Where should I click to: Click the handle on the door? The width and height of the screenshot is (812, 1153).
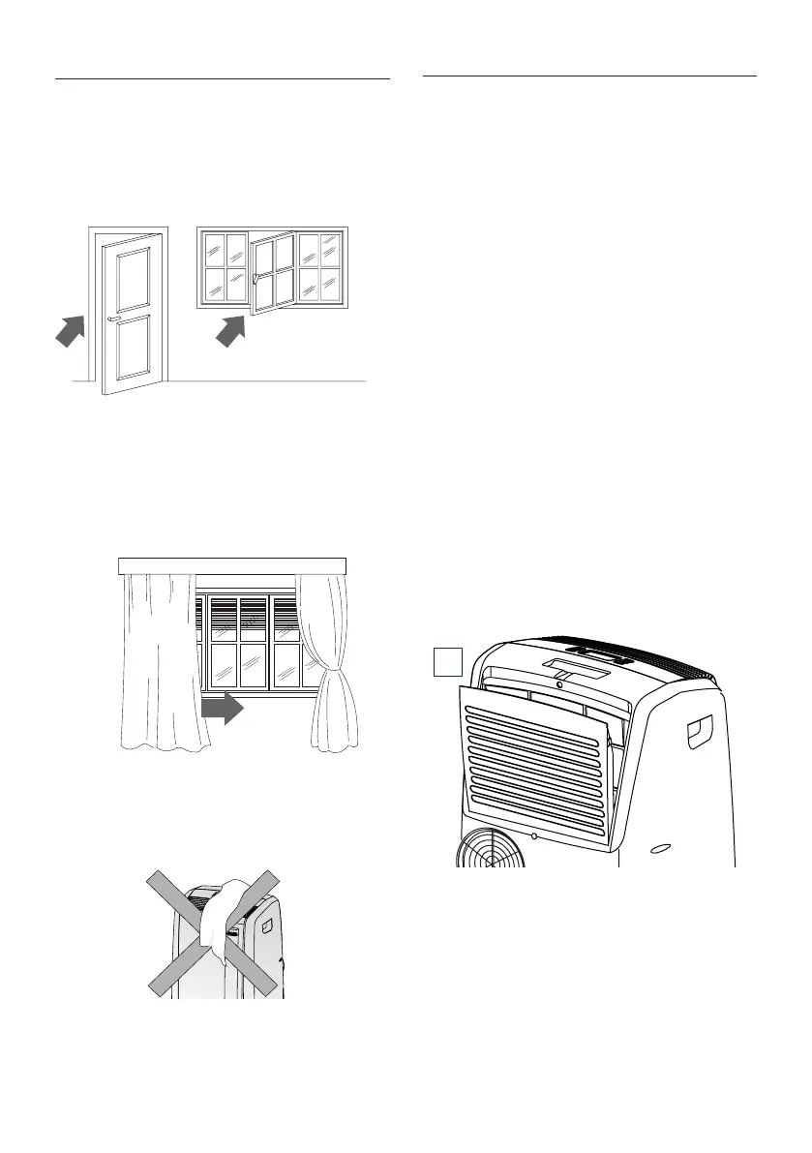(115, 317)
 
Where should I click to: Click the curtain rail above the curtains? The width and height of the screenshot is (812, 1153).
(231, 565)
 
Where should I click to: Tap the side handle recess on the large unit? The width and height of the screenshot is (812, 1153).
(700, 730)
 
